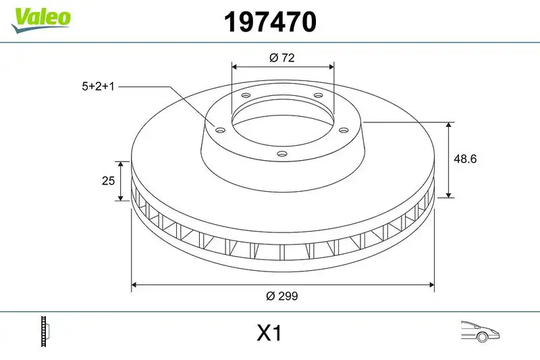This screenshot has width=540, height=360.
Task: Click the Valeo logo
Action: click(x=40, y=17)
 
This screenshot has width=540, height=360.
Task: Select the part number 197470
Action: click(x=270, y=23)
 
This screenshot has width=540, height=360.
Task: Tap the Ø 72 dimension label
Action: click(x=282, y=58)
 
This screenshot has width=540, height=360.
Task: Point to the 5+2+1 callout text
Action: click(x=98, y=86)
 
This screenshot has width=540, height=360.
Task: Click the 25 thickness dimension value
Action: click(x=107, y=181)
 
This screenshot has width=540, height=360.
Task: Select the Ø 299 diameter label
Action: click(x=282, y=296)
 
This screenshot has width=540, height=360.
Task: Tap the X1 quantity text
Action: click(x=269, y=333)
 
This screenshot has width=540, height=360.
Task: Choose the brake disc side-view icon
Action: click(x=47, y=332)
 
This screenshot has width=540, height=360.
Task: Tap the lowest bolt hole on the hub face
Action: click(x=282, y=153)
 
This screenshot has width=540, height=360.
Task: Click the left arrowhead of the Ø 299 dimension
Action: click(x=134, y=284)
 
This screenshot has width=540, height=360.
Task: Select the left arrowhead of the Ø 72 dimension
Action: click(x=235, y=67)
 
